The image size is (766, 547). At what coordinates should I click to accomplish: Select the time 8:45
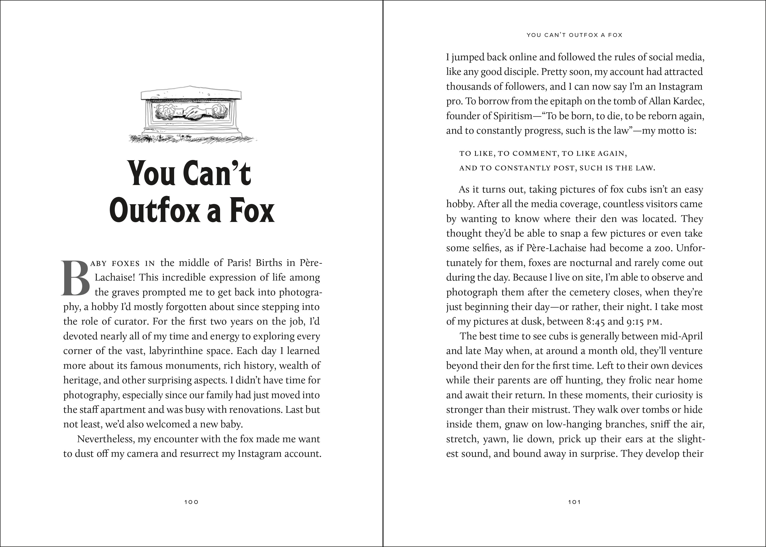tap(595, 321)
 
